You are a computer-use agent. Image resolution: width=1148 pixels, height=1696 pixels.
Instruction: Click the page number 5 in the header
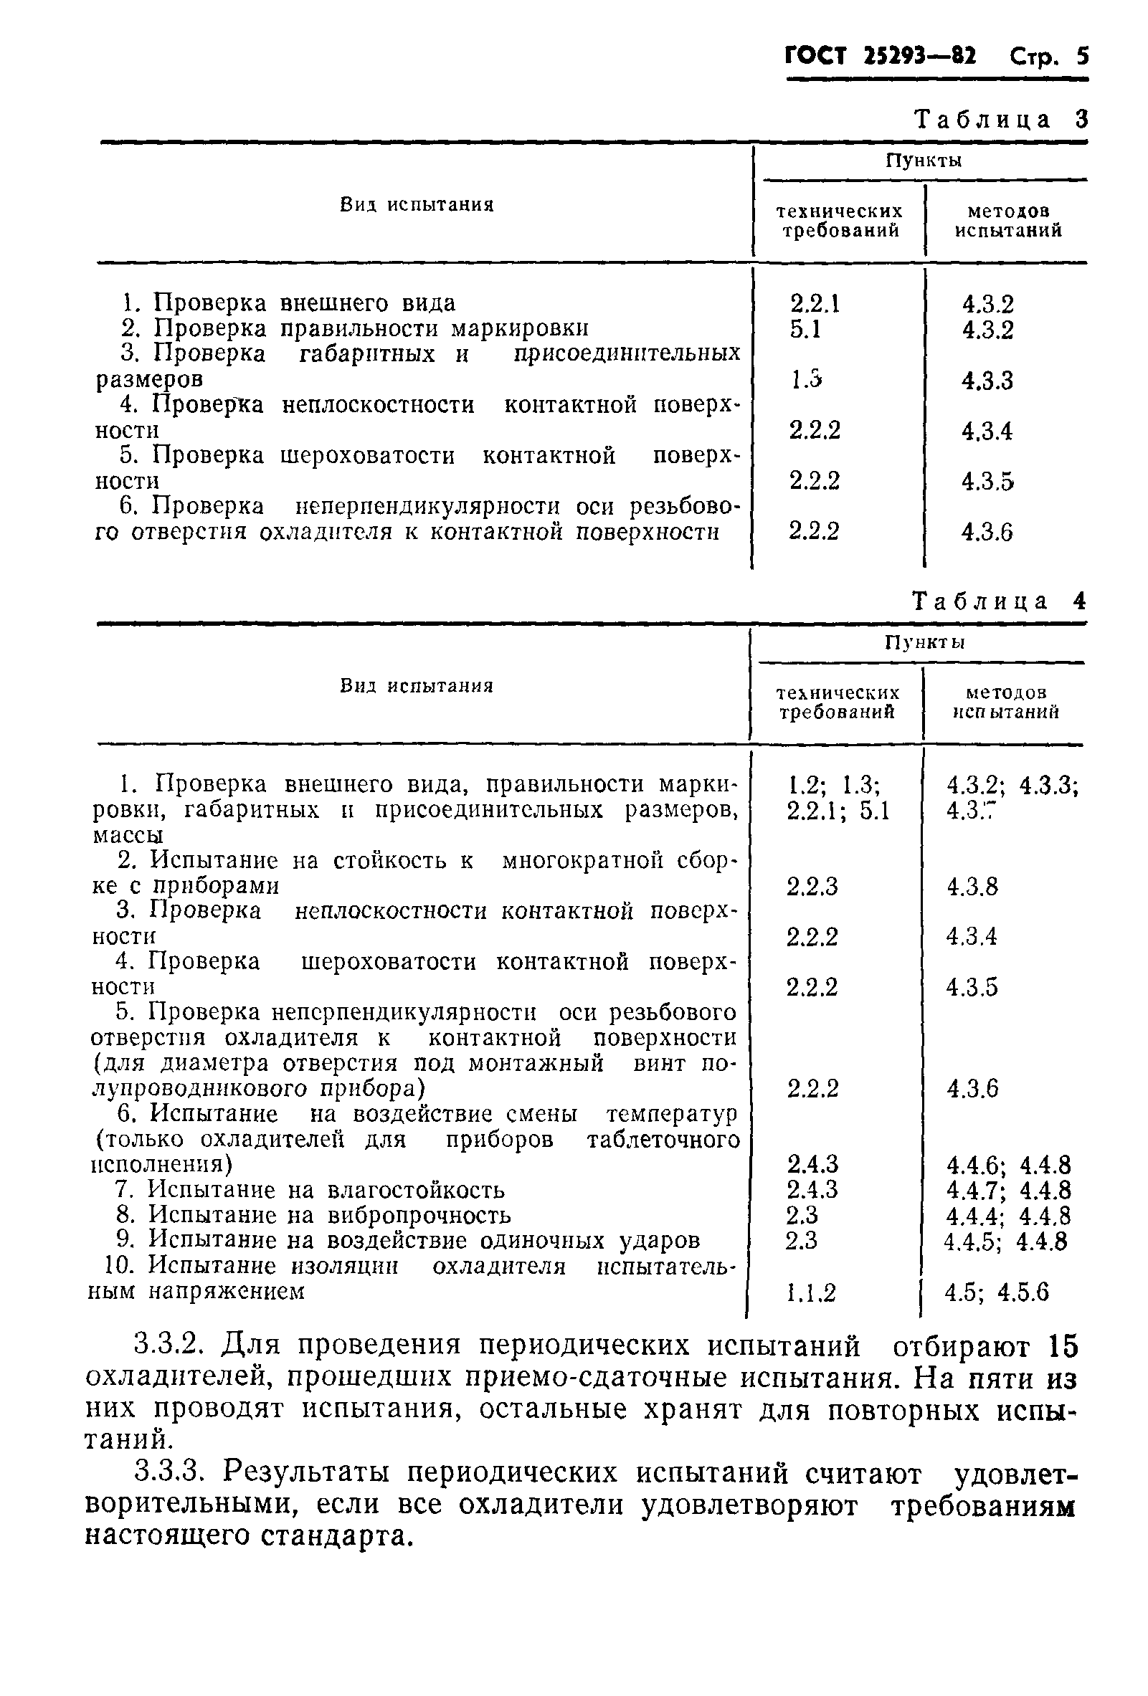[1081, 56]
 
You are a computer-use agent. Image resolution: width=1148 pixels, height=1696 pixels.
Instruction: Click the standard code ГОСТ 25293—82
[880, 56]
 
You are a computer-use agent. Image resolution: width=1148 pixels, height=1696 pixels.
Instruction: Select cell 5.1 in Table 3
[805, 329]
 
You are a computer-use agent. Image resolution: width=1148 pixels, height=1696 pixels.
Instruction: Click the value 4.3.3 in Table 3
[987, 380]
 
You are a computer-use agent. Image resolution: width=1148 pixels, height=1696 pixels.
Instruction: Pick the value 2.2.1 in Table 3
[815, 302]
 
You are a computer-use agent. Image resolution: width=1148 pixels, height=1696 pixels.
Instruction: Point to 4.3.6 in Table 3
[987, 532]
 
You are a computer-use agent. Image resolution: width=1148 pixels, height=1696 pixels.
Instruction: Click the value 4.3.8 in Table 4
[972, 887]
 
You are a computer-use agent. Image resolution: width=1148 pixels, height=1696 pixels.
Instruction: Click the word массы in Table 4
[128, 835]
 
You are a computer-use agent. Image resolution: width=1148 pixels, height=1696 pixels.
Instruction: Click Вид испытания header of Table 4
[417, 686]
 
